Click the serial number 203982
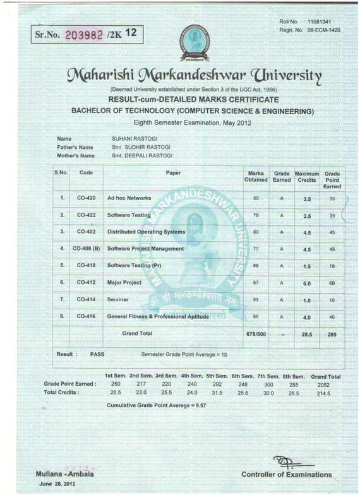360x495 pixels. coord(84,34)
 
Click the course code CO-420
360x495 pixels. coord(86,198)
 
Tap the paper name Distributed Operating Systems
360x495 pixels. coord(146,232)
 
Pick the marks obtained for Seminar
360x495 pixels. coord(256,299)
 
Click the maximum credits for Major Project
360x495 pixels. coord(307,282)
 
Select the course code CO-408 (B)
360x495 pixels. coord(87,249)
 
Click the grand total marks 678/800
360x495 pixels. coord(256,333)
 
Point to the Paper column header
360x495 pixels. coord(173,172)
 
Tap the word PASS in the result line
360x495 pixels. coord(97,354)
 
